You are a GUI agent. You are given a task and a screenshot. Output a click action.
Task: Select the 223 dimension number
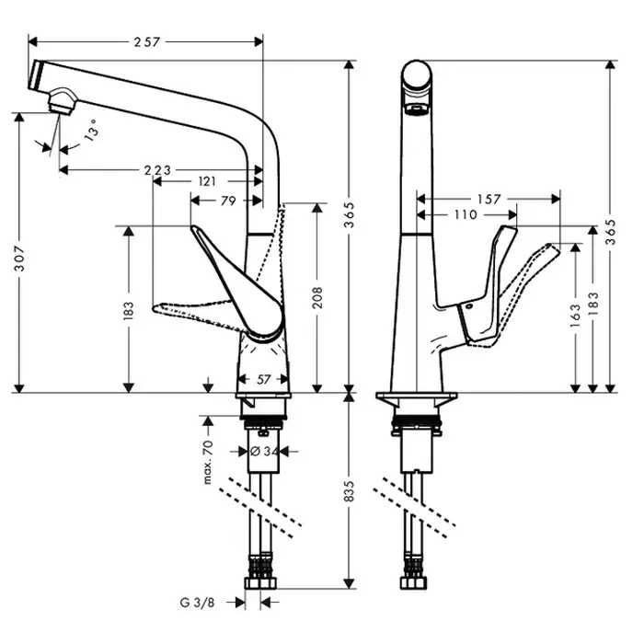coord(159,170)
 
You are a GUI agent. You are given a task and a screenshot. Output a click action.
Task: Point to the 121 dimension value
coord(207,183)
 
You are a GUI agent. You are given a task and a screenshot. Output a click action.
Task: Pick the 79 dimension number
coord(228,201)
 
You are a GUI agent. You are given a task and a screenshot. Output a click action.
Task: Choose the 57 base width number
coord(264,379)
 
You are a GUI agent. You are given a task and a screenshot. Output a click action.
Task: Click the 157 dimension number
coord(489,199)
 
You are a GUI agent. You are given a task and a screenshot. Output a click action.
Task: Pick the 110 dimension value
coord(465,215)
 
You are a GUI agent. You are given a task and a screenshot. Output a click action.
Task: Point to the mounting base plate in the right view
coord(419,403)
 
